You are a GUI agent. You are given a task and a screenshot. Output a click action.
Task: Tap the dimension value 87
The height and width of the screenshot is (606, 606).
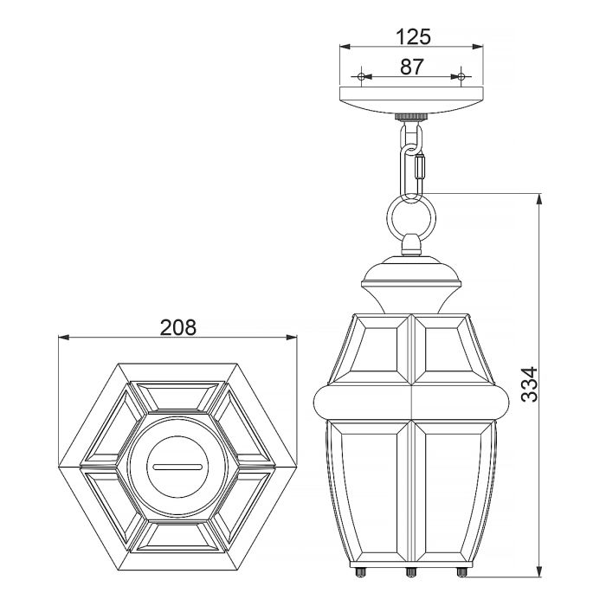pyautogui.click(x=412, y=66)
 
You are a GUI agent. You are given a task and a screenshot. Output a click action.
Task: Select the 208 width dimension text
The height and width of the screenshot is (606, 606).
pyautogui.click(x=178, y=327)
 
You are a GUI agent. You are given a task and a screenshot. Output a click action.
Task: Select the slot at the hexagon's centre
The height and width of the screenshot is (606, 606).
pyautogui.click(x=177, y=465)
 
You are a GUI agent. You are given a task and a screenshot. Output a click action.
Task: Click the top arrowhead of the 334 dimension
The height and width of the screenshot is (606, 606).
pyautogui.click(x=540, y=198)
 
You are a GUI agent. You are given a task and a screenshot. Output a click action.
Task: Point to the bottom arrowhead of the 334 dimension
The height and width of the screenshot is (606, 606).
pyautogui.click(x=540, y=572)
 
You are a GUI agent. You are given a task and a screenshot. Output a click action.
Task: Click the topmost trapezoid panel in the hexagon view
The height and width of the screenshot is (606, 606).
pyautogui.click(x=177, y=394)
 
